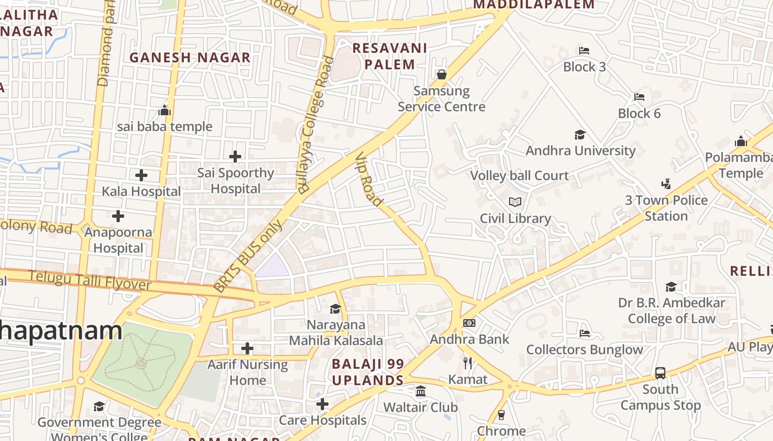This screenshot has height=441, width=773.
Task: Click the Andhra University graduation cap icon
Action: pos(580,135)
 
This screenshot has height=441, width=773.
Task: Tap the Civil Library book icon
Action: pos(515,202)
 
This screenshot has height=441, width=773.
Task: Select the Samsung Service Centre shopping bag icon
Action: pos(441,74)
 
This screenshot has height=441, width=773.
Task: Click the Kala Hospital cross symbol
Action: pos(141,175)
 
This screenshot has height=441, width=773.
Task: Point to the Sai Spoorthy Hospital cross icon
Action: pos(235,157)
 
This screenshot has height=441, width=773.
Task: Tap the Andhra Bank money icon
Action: pos(469,323)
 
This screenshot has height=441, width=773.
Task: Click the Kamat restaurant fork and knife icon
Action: pos(468,363)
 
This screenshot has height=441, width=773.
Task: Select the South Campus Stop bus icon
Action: pos(660,373)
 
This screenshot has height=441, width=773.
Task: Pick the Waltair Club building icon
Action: pos(421,391)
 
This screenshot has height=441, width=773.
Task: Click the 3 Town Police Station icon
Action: pos(666,184)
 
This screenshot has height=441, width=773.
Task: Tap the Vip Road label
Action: pos(369,179)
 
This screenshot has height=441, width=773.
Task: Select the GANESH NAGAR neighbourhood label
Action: pos(190,57)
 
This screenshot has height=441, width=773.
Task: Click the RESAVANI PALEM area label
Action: pos(390,56)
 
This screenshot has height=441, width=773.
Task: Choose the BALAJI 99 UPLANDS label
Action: pos(368,372)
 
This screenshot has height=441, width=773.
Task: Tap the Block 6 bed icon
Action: pos(639,97)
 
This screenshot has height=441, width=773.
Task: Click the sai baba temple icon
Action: pos(165,111)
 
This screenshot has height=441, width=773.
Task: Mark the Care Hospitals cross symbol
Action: pos(322,404)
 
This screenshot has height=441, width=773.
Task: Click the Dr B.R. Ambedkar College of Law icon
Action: pos(671,287)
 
